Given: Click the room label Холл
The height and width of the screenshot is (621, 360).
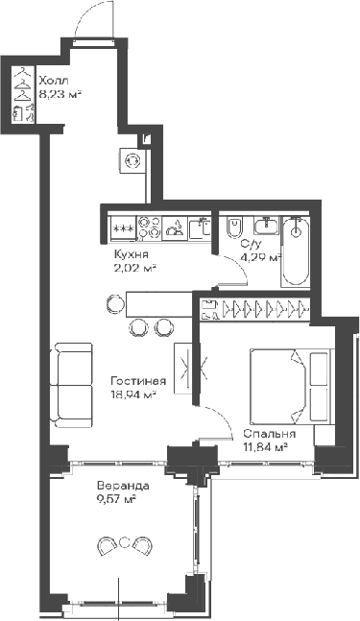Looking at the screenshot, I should coord(54,81).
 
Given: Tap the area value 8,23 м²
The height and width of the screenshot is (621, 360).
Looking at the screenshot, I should coord(59,94).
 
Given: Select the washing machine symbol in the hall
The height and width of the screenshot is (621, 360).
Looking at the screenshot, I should coord(133,161).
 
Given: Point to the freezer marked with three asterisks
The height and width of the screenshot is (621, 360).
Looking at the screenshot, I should coord(122,228).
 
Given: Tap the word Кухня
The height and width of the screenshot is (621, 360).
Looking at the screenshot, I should coord(131,254).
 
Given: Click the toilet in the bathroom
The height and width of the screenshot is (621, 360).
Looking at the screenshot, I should coord(233,229).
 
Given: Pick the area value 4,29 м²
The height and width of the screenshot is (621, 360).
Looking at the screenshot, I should coord(259,257).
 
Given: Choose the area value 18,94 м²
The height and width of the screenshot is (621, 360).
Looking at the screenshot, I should coord(133,394).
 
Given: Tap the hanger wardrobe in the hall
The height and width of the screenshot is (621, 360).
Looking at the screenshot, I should coord(24,95).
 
